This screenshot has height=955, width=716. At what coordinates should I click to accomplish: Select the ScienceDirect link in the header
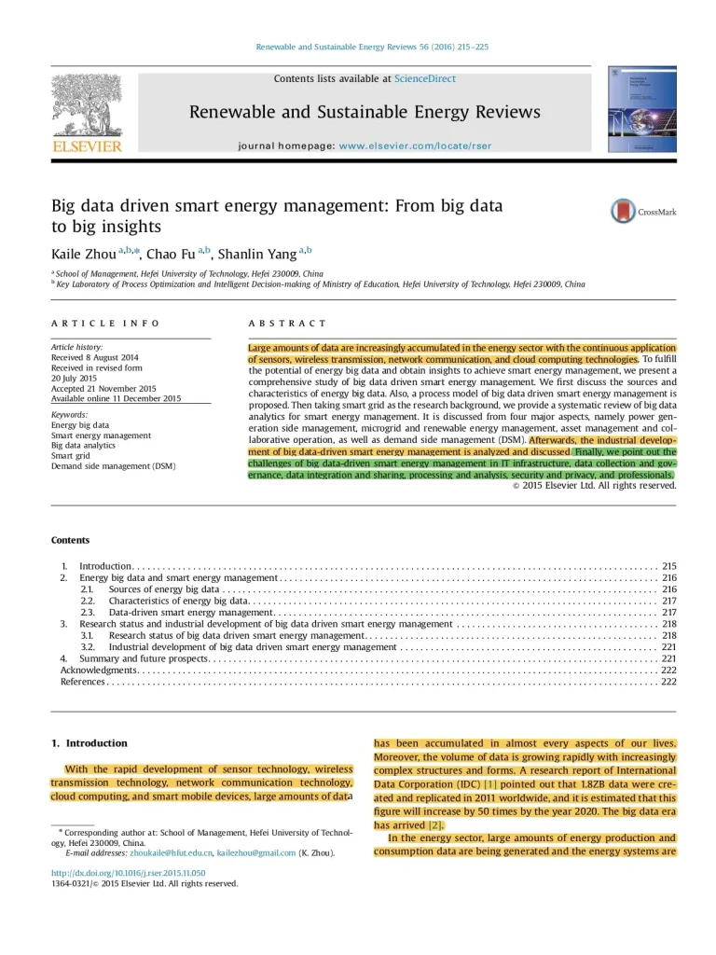coord(425,79)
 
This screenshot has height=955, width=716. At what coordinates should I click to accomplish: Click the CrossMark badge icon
coord(623,211)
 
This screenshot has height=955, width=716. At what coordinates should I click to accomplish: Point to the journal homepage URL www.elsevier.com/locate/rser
coord(415,146)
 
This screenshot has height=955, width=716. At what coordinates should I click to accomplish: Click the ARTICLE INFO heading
coord(105,324)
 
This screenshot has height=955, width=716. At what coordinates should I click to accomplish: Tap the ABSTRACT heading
coord(287,324)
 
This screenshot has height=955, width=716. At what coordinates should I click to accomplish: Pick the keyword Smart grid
coord(71,456)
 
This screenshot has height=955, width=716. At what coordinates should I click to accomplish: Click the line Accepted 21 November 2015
coord(103,388)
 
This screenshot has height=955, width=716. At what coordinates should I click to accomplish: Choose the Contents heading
coord(70,540)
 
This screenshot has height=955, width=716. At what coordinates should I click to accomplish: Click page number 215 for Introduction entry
coord(668,566)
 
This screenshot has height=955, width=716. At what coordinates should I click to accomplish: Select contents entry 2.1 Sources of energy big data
coord(163,589)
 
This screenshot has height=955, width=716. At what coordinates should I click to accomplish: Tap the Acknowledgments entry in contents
coord(99,670)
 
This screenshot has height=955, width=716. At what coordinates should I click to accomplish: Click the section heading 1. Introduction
coord(89,743)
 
